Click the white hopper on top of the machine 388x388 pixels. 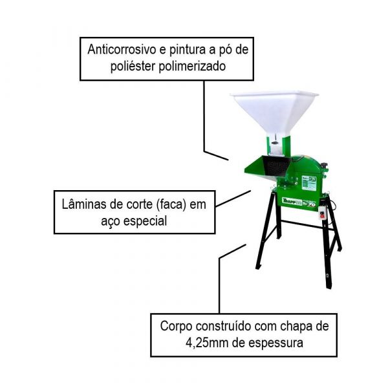click(274, 111)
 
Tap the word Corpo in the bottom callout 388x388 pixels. click(176, 326)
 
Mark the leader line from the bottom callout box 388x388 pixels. click(221, 285)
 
